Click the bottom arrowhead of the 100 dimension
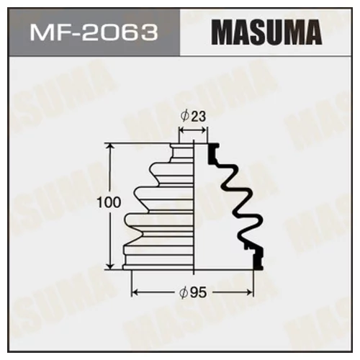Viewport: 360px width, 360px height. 110,266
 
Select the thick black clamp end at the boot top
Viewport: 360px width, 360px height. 212,150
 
